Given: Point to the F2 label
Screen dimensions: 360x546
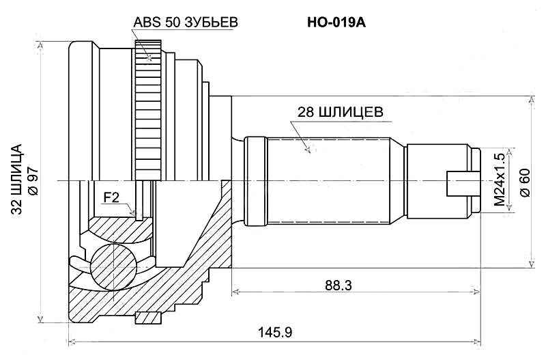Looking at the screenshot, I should [111, 198].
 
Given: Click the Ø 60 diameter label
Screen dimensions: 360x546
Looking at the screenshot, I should [524, 181].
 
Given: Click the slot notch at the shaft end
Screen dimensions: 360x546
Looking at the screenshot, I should [459, 182].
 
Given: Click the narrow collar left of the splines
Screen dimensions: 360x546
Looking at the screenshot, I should [255, 181].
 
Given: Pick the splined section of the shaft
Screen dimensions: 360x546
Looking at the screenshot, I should [328, 181].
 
